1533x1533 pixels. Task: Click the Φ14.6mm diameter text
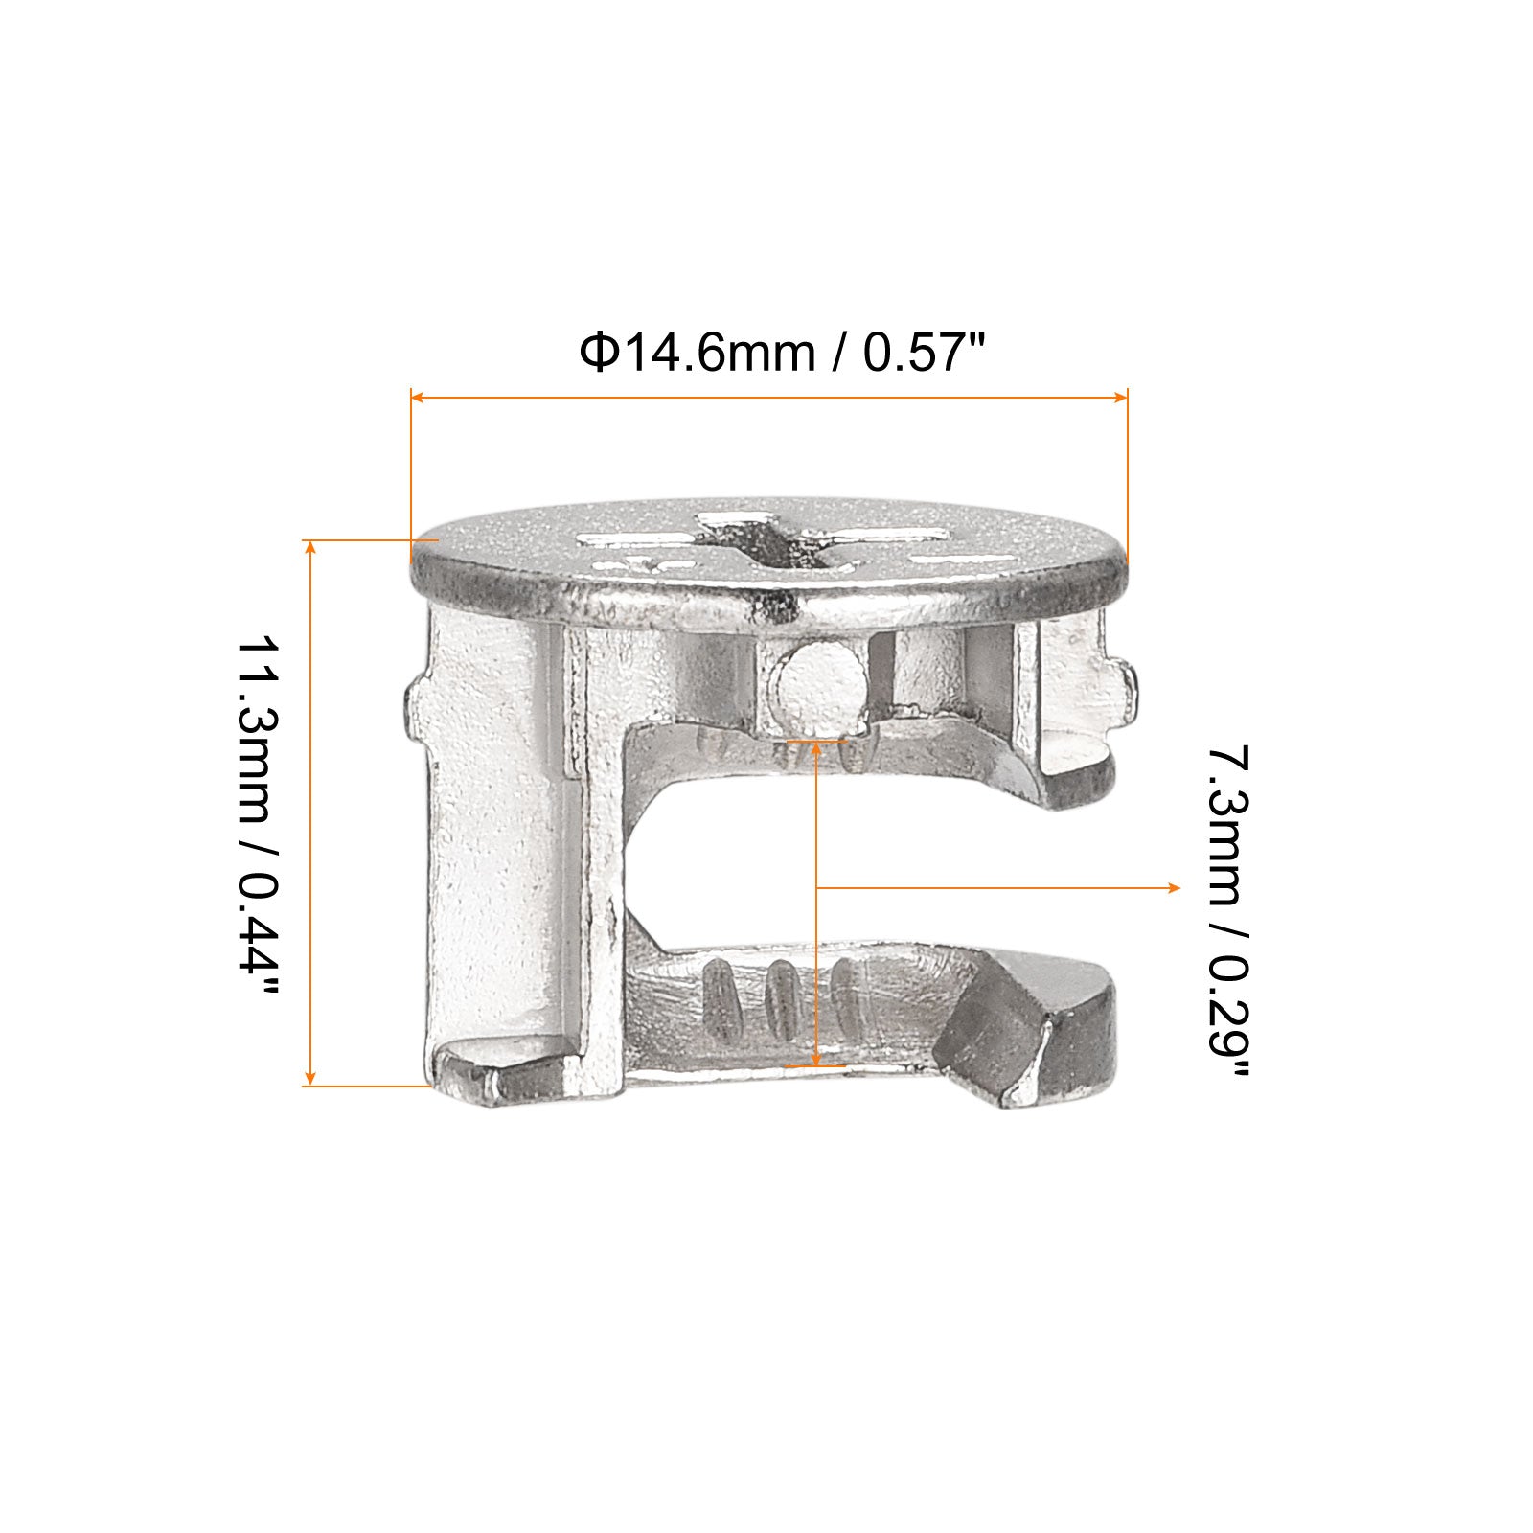tap(697, 354)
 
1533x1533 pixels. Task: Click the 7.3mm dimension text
tap(1227, 824)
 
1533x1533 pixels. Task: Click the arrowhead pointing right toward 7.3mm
tap(1174, 889)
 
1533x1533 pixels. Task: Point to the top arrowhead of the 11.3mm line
tap(309, 547)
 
